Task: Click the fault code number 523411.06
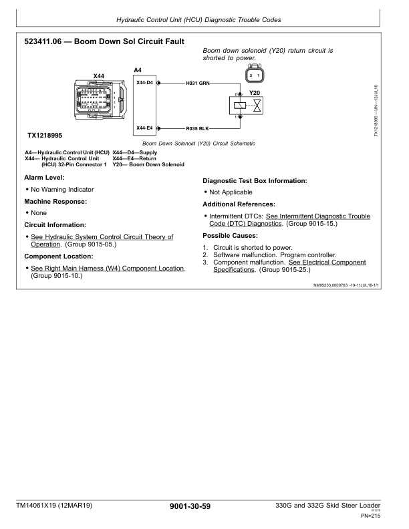(43, 41)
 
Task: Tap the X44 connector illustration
(100, 100)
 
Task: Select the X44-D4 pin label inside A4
(144, 83)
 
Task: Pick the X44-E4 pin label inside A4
(144, 128)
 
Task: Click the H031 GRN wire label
(198, 83)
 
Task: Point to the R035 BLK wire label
(197, 128)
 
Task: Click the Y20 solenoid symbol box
(246, 106)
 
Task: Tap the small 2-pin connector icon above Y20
(255, 74)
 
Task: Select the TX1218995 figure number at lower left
(45, 136)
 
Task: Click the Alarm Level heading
(44, 178)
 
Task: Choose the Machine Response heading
(55, 202)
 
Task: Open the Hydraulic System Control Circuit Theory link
(102, 240)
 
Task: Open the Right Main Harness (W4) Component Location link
(108, 269)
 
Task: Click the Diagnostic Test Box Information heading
(255, 181)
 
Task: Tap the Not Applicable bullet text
(231, 192)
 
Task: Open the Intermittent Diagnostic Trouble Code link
(289, 220)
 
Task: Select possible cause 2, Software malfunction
(275, 255)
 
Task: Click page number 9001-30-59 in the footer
(190, 506)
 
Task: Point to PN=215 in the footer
(370, 516)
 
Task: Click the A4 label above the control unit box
(138, 70)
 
